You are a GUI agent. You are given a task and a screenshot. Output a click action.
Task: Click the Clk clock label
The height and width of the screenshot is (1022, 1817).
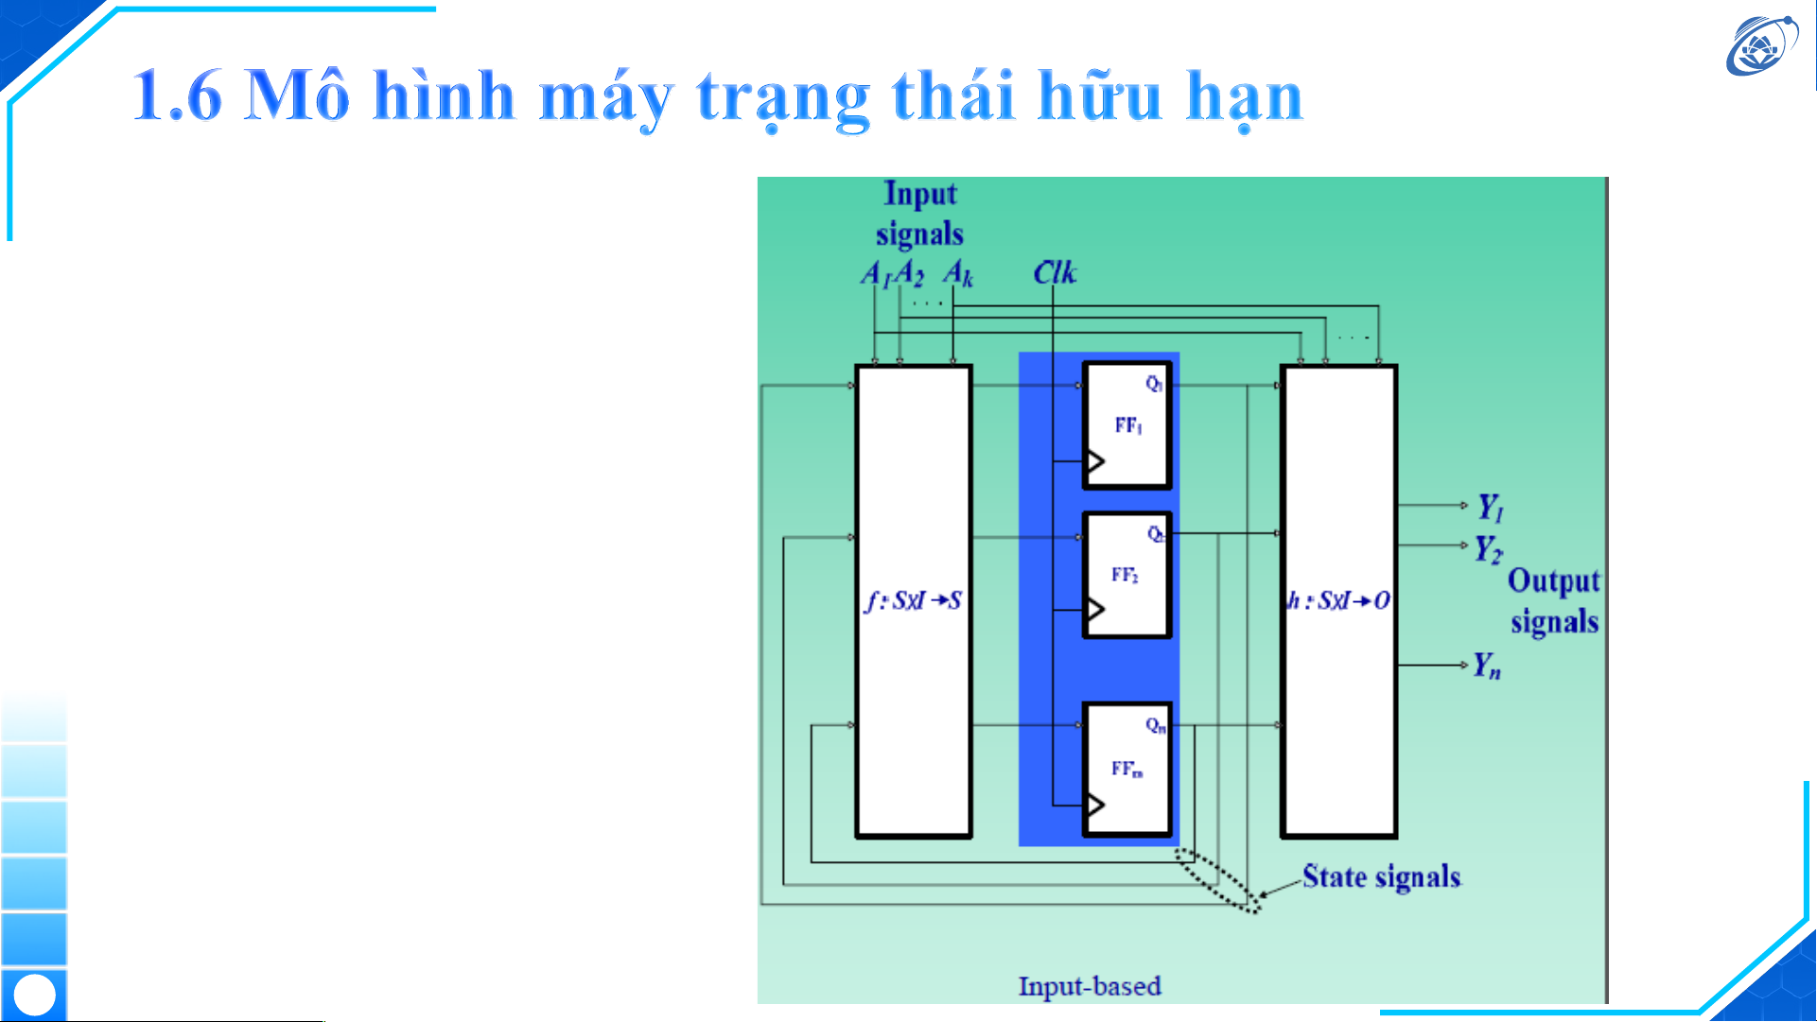point(1054,272)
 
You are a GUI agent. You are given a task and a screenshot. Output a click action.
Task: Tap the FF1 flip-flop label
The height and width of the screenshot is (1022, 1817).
point(1128,425)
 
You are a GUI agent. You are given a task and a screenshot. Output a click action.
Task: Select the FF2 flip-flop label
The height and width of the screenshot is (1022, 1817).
point(1125,575)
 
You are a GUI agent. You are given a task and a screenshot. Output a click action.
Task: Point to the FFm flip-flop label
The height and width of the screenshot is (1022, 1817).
point(1127,769)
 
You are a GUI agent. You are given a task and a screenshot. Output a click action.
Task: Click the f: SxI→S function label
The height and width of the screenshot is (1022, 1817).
point(913,600)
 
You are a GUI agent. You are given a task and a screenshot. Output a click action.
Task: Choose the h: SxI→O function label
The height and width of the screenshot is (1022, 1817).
point(1338,600)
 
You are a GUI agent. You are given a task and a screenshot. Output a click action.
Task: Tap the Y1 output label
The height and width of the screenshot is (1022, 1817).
point(1491,508)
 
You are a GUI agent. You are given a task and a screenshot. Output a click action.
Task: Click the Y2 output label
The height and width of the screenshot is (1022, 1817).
point(1488,548)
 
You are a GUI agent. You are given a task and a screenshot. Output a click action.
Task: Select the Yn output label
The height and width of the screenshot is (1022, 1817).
point(1487,667)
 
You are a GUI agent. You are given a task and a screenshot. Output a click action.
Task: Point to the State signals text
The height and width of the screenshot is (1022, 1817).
point(1381,876)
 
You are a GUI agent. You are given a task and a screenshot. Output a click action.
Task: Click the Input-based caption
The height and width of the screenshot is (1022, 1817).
point(1089,986)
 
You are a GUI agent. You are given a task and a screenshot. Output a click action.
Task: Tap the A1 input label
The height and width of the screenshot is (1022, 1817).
point(874,274)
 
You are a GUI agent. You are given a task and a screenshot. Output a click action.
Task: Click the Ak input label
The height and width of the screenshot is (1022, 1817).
point(957,273)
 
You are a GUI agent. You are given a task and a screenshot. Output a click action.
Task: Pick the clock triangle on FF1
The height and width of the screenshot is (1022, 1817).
point(1095,461)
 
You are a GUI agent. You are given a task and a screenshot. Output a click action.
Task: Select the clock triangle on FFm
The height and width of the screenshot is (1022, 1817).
point(1095,805)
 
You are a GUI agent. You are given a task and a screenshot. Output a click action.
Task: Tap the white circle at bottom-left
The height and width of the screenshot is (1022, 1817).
point(35,995)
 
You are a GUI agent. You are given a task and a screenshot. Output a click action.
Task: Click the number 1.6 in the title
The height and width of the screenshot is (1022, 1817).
point(177,95)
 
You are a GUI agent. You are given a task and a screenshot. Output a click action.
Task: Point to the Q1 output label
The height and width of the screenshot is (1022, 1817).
point(1154,383)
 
